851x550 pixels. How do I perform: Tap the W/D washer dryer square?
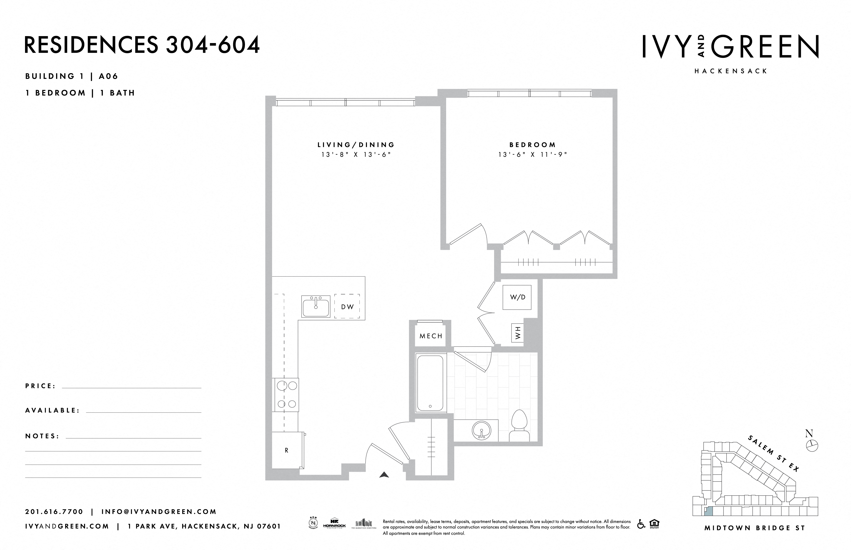pyautogui.click(x=517, y=297)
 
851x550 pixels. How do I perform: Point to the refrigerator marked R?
pyautogui.click(x=287, y=450)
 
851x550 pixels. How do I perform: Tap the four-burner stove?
pyautogui.click(x=287, y=395)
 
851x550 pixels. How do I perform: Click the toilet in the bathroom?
pyautogui.click(x=519, y=426)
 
